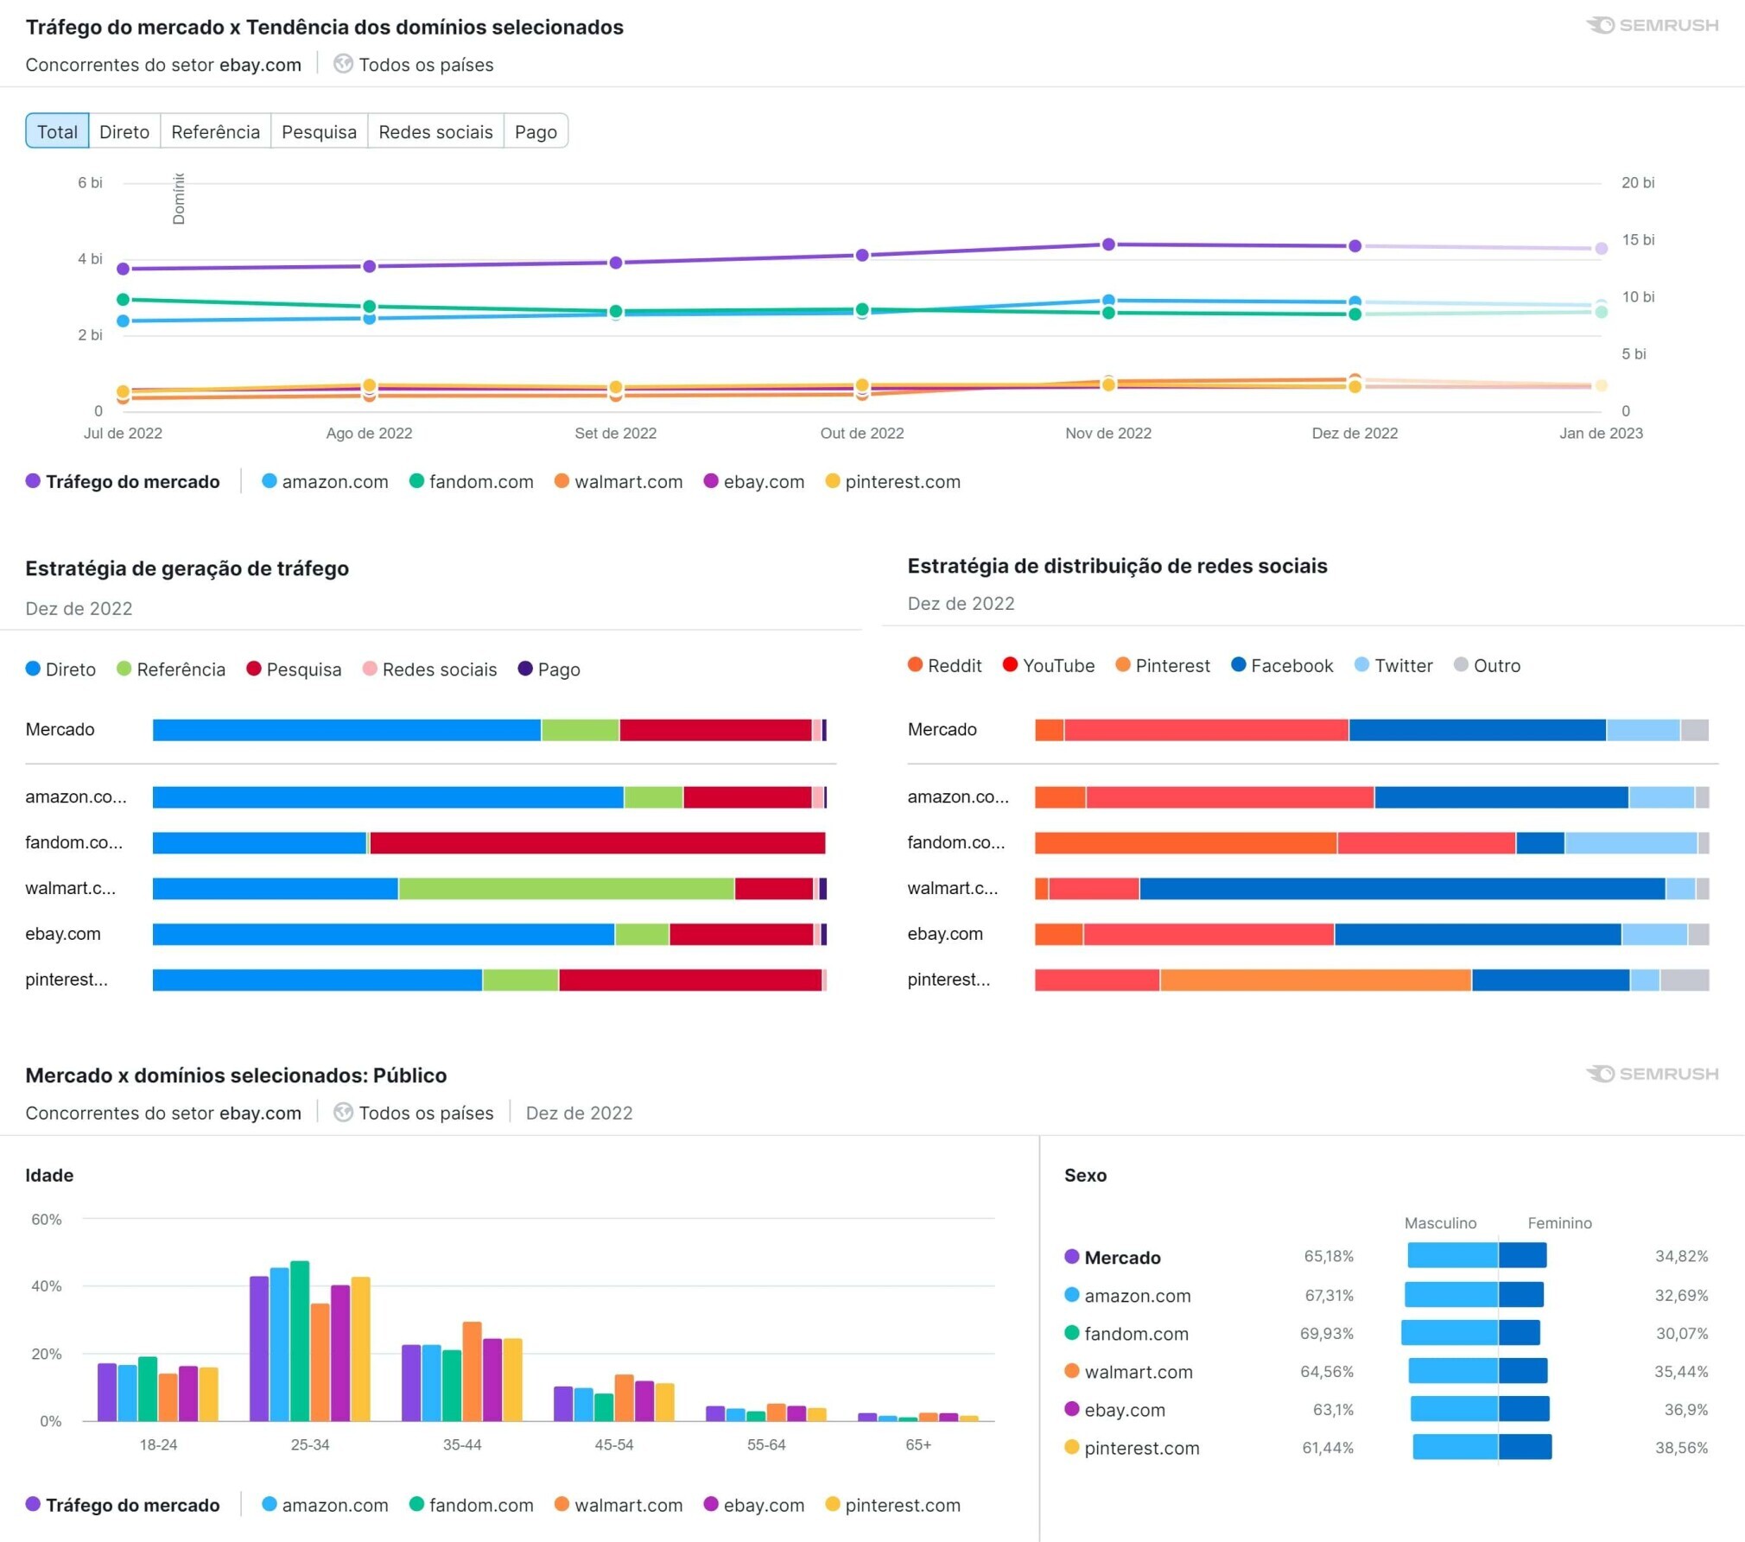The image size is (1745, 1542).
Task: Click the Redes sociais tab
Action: [x=435, y=131]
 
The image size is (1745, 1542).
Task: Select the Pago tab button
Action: [x=536, y=131]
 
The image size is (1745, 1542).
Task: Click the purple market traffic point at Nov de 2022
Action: [x=1108, y=244]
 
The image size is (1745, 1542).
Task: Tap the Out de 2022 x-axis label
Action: [x=861, y=434]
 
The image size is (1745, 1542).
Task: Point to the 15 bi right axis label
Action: [x=1637, y=240]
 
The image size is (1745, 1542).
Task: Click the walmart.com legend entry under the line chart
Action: [x=619, y=482]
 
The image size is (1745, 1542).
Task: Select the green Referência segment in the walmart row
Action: [x=566, y=888]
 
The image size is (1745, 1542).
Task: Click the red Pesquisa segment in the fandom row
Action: [x=596, y=842]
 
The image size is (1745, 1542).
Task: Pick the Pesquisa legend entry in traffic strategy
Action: [x=294, y=669]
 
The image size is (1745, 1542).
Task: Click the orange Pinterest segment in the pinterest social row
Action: [x=1315, y=980]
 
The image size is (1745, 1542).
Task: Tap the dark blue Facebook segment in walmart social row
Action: [x=1401, y=888]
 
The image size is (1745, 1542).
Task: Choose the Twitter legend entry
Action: [x=1393, y=665]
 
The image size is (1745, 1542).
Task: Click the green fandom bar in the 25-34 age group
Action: [x=300, y=1341]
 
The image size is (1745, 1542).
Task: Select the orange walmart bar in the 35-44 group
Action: [x=472, y=1371]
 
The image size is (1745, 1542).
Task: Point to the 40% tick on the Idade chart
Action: [x=47, y=1286]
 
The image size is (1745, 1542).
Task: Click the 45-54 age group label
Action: [x=613, y=1445]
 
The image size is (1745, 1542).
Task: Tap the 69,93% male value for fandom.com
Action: [x=1326, y=1334]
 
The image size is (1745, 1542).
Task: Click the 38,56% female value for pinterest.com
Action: [x=1680, y=1448]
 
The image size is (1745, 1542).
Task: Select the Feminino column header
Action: [x=1559, y=1223]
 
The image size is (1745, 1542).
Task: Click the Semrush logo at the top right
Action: [x=1652, y=26]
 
